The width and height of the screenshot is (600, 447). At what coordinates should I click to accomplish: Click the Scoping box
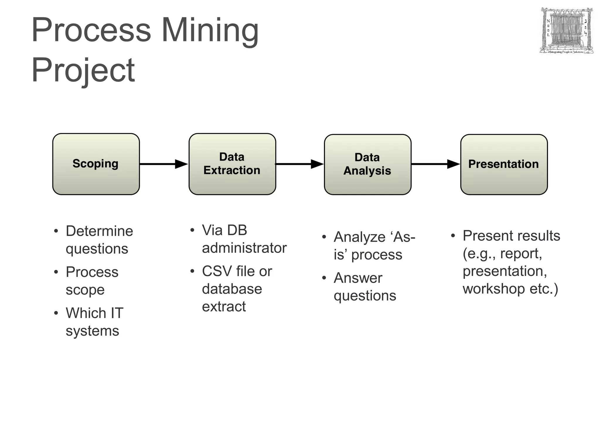point(96,164)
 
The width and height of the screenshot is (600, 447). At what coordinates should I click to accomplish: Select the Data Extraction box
point(232,164)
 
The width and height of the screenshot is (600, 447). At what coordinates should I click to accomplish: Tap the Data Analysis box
point(367,164)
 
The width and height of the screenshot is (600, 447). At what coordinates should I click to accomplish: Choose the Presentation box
point(504,164)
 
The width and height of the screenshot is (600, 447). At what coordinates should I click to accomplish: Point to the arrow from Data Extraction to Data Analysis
point(299,164)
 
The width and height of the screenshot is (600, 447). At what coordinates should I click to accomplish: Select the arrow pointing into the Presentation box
point(435,164)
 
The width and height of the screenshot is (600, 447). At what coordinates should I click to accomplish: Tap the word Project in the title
point(83,70)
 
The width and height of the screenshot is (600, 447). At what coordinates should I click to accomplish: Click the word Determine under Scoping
point(99,231)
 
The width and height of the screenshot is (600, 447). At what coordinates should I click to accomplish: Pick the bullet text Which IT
point(94,313)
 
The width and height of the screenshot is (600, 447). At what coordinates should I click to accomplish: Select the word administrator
point(244,248)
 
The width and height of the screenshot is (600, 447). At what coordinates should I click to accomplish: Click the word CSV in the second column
point(217,271)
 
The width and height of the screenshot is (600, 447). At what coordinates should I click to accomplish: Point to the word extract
point(224,306)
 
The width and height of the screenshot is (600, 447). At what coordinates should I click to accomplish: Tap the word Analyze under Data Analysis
point(359,237)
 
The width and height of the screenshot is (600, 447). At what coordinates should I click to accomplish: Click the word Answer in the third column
point(358,278)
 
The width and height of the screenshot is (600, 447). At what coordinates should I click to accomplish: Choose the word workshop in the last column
point(494,289)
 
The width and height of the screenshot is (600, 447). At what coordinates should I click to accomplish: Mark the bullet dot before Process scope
point(56,272)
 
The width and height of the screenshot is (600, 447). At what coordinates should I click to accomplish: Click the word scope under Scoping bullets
point(85,290)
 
